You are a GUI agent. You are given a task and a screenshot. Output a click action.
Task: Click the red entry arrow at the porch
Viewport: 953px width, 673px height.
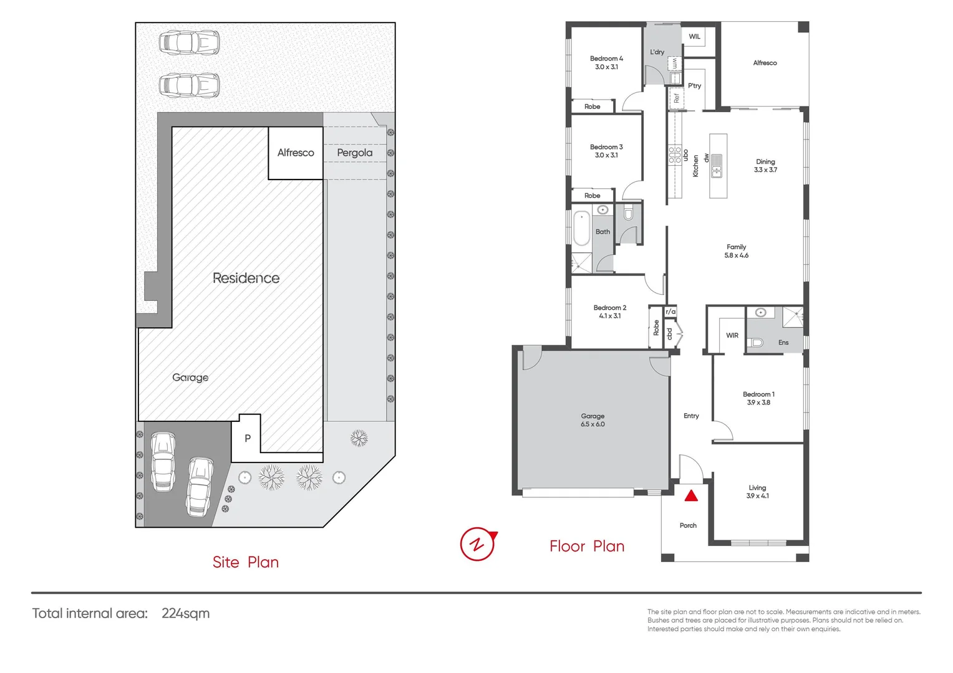click(x=691, y=496)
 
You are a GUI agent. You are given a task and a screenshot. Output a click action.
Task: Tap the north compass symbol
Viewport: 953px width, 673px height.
click(x=478, y=544)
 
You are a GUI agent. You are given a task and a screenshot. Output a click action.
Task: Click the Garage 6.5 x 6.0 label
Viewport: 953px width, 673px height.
click(x=593, y=420)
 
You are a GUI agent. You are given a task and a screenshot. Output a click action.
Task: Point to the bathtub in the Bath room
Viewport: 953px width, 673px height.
click(x=581, y=229)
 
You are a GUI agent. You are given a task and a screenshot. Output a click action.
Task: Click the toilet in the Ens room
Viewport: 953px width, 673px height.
click(x=755, y=342)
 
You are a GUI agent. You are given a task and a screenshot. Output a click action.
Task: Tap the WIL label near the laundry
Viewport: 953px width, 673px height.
click(x=694, y=37)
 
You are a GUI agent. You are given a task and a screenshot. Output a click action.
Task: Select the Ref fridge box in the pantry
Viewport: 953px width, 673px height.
click(x=675, y=98)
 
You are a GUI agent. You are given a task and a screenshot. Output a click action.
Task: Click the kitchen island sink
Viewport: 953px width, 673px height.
click(x=717, y=166)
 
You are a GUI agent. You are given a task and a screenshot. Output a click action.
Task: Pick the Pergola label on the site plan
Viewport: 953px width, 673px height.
click(x=354, y=153)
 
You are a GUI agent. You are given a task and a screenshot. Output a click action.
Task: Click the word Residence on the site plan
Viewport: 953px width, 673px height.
click(x=246, y=278)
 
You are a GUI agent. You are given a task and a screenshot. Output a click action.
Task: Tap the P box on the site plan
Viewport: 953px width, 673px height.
click(x=247, y=438)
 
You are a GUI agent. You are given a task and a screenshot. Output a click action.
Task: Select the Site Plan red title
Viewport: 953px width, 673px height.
click(x=246, y=562)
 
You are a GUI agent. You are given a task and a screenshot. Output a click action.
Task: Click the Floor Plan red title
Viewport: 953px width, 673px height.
click(x=587, y=547)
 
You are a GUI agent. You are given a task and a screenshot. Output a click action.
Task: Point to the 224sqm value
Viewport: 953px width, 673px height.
click(x=185, y=613)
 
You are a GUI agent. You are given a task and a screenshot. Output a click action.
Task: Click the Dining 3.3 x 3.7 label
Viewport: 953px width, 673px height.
click(x=765, y=166)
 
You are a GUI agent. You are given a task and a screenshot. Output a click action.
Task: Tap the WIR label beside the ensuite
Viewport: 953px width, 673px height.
click(x=732, y=335)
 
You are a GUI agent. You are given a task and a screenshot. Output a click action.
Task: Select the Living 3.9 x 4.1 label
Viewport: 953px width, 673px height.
click(x=757, y=492)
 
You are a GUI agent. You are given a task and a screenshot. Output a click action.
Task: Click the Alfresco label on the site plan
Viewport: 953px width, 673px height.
click(x=296, y=153)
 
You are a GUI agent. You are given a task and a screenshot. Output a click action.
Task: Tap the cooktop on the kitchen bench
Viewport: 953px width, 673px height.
click(x=675, y=155)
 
